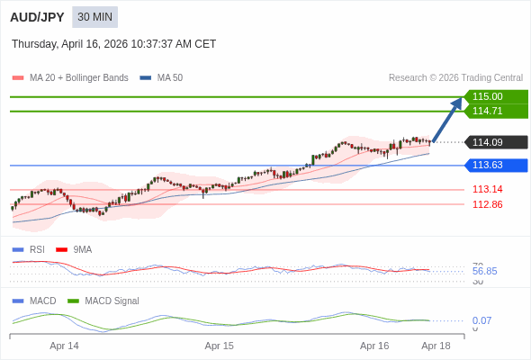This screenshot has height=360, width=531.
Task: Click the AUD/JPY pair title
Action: click(x=37, y=17)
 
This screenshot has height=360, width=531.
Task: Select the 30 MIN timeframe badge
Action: click(x=94, y=17)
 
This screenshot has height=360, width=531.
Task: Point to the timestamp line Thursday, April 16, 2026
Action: click(x=113, y=44)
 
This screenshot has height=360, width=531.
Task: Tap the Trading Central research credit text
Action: click(x=455, y=78)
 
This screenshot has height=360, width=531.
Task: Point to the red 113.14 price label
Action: click(x=487, y=189)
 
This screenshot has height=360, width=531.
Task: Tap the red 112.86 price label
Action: click(x=487, y=204)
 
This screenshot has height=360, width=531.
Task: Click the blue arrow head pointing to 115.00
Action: click(x=457, y=103)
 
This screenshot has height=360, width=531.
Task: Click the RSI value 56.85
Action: click(x=484, y=271)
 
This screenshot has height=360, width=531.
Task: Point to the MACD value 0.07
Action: click(x=481, y=320)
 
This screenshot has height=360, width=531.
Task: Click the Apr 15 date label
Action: click(x=219, y=346)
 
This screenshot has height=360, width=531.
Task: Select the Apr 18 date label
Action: click(x=436, y=346)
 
